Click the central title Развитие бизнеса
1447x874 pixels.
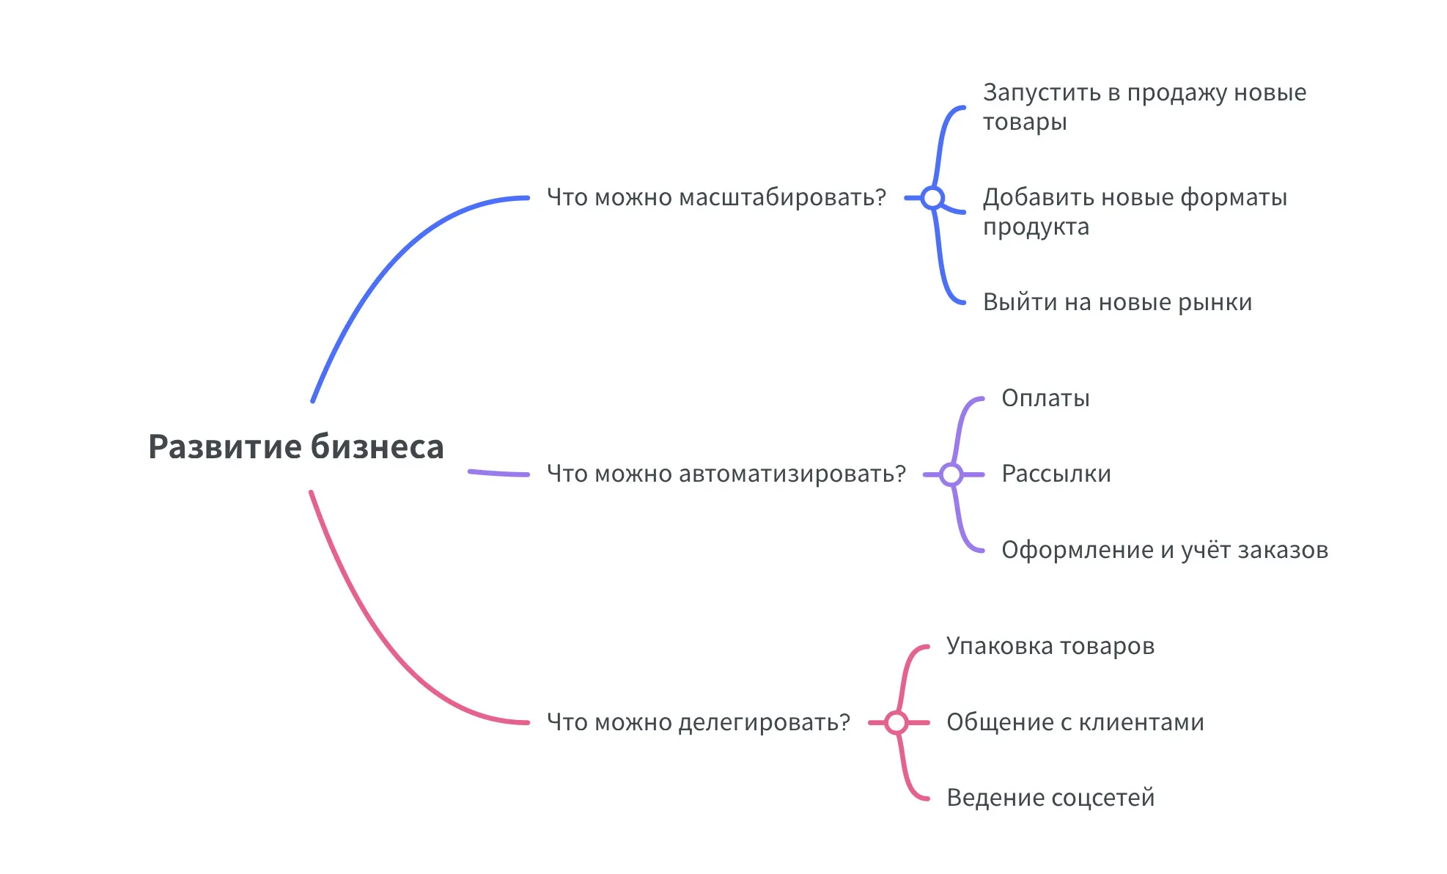click(295, 447)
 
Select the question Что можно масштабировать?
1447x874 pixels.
click(716, 197)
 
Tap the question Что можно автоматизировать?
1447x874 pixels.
click(726, 474)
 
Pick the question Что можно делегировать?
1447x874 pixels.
click(698, 722)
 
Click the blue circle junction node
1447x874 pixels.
click(932, 198)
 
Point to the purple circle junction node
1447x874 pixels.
click(951, 474)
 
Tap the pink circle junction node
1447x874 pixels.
click(896, 723)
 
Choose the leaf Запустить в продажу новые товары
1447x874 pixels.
click(1144, 107)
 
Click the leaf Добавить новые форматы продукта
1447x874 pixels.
click(1134, 212)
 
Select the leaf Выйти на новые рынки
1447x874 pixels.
click(1117, 302)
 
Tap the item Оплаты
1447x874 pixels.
click(1045, 398)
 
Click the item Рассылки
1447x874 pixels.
click(1056, 474)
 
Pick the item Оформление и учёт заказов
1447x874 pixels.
click(1164, 550)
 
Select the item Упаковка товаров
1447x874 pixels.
click(1050, 646)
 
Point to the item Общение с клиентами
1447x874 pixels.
click(1075, 722)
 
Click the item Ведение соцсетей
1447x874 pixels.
click(1050, 798)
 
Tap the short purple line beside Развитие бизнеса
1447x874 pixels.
click(498, 474)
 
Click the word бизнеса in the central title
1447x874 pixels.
click(377, 447)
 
